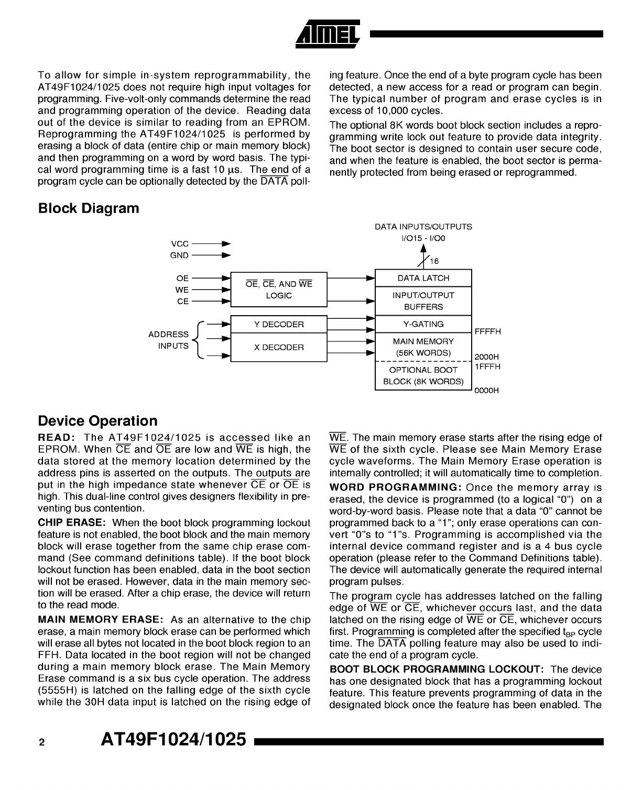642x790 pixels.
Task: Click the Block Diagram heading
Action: [89, 208]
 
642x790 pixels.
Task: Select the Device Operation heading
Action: [97, 421]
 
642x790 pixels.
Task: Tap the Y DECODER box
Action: [279, 325]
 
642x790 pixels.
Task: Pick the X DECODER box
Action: [279, 348]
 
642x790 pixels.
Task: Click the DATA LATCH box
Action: [423, 278]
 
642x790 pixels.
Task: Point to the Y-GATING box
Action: [423, 324]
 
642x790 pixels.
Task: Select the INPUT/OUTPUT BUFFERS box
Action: [423, 301]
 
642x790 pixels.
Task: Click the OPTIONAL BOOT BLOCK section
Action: [423, 375]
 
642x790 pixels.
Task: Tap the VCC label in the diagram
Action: [180, 244]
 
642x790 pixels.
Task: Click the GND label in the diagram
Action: [179, 255]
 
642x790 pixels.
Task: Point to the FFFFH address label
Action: [487, 331]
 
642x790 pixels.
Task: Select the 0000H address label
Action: [486, 391]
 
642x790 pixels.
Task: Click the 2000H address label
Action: [486, 357]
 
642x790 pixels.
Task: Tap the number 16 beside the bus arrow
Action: [434, 261]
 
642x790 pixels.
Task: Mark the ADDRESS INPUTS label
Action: [168, 340]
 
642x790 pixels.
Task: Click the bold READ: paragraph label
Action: [58, 438]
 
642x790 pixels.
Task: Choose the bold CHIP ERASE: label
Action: [72, 523]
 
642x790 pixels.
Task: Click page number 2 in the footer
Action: [41, 742]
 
